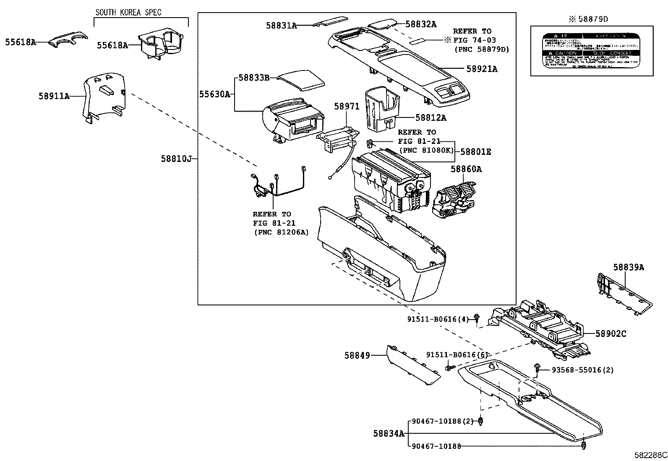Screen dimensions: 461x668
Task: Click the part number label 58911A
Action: click(54, 96)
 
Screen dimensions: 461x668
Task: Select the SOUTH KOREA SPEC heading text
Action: click(128, 12)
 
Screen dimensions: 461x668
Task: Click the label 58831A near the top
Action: click(281, 26)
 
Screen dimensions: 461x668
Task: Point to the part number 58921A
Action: click(482, 69)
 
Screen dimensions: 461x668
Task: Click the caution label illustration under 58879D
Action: click(592, 51)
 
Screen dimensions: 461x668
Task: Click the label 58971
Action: click(347, 107)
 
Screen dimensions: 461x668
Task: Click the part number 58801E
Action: click(476, 152)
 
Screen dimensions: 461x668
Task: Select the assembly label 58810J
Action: click(176, 159)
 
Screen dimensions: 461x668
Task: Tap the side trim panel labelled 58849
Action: click(413, 366)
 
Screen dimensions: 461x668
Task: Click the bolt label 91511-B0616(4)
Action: click(437, 319)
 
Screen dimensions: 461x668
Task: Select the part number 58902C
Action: click(611, 334)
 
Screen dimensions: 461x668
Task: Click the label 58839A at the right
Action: click(628, 267)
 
